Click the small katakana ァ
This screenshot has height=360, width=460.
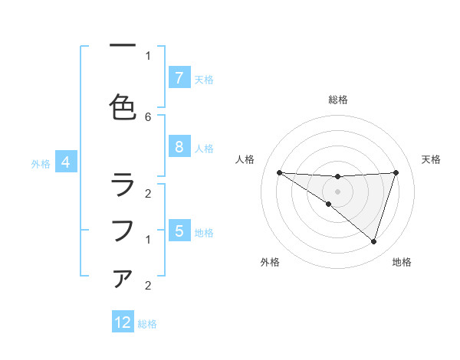click(123, 278)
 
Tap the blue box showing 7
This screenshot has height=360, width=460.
click(179, 78)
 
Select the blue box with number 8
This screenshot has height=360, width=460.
click(179, 147)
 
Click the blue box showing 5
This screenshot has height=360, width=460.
click(179, 231)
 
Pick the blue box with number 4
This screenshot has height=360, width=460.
click(66, 162)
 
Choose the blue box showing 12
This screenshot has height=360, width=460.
click(123, 322)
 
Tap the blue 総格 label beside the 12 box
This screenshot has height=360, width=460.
click(147, 324)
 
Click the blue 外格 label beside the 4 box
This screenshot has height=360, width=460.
click(41, 163)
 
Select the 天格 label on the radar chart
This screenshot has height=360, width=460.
click(432, 159)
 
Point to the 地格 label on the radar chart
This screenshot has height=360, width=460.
click(402, 262)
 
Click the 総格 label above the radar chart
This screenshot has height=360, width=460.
click(337, 100)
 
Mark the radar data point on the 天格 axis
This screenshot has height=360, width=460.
click(396, 172)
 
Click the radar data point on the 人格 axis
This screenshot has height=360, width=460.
click(279, 172)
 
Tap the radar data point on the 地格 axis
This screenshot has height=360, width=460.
click(373, 241)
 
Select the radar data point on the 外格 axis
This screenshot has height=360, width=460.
click(328, 204)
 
